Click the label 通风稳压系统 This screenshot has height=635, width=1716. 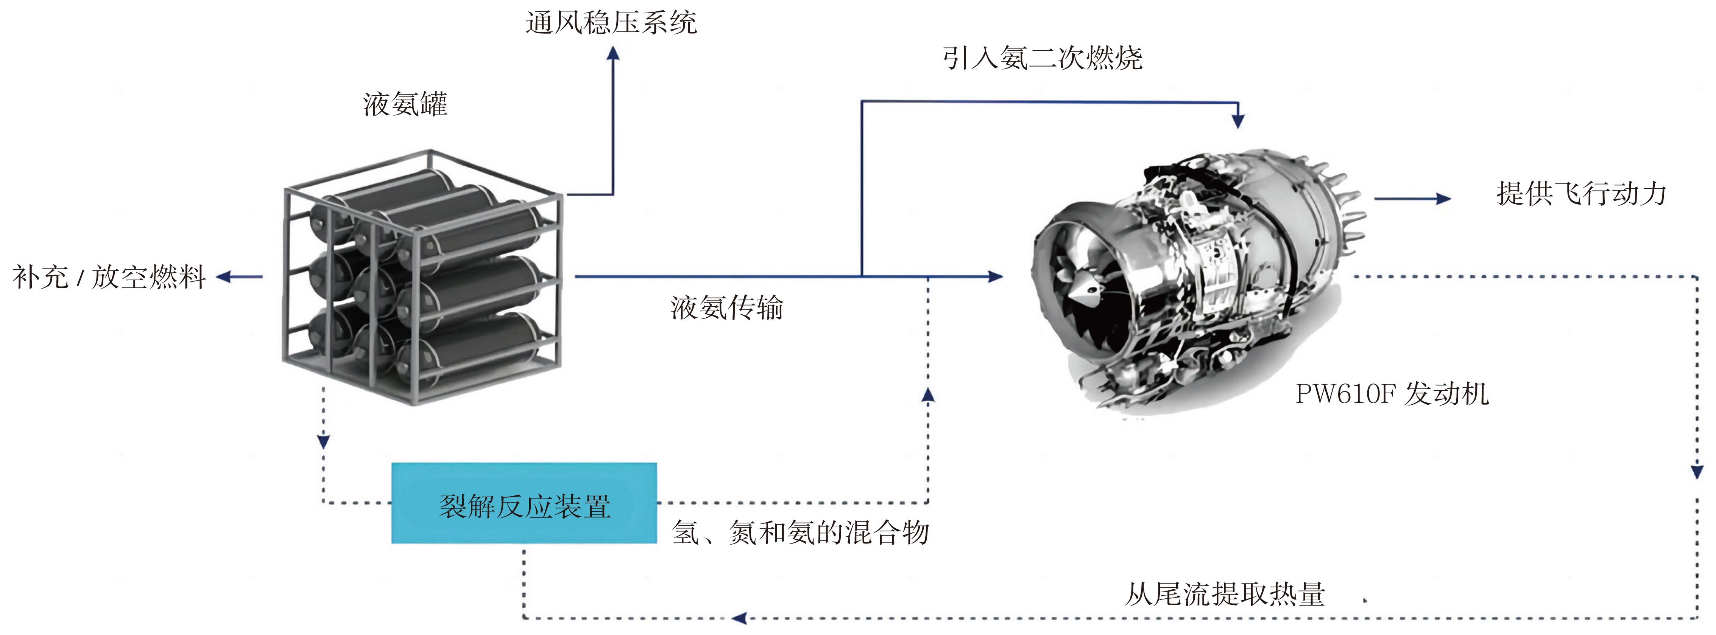click(611, 23)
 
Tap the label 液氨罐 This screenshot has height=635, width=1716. click(405, 104)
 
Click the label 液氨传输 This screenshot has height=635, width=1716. click(727, 307)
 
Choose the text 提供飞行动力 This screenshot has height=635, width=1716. click(1581, 194)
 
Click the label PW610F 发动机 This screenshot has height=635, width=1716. click(1392, 394)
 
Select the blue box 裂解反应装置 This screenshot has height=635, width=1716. click(524, 504)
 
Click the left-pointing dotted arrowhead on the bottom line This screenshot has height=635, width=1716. click(739, 618)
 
